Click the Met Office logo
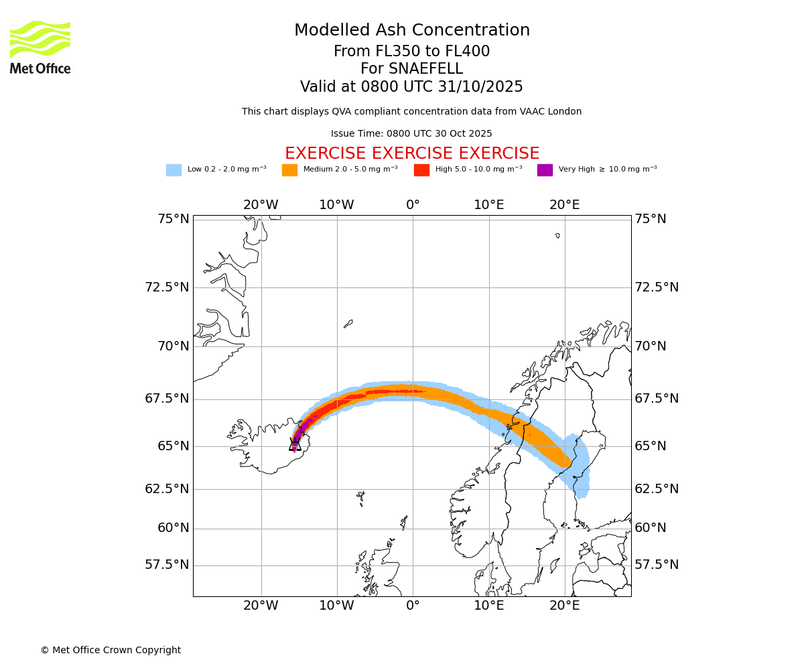coord(40,47)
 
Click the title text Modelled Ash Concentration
coord(412,31)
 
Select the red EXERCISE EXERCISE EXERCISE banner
coord(412,154)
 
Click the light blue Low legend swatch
coord(174,170)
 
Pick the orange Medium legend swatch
coord(289,170)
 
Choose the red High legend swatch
coord(421,170)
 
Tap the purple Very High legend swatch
coord(545,170)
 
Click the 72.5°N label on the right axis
coord(657,287)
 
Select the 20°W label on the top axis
coord(261,205)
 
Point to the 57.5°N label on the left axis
coord(167,565)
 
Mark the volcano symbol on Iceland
coord(295,444)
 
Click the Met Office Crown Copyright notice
coord(111,651)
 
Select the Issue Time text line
coord(411,134)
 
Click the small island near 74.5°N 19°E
coord(557,236)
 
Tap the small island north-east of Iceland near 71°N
coord(348,324)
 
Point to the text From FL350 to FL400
coord(412,52)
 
